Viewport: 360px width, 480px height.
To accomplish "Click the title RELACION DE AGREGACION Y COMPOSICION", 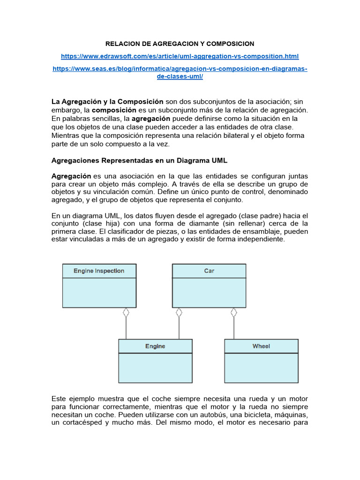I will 180,44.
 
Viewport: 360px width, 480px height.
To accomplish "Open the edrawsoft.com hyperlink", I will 180,56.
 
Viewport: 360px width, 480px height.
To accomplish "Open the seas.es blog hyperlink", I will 180,69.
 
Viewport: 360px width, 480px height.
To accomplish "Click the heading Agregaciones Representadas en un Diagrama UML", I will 139,160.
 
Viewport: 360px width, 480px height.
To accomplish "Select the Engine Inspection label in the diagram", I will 99,271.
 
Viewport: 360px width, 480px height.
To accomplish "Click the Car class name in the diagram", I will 209,271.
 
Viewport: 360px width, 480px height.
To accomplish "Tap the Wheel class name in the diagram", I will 261,346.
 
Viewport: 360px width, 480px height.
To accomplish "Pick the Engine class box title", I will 155,346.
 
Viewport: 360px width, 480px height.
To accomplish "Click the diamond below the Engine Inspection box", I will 126,312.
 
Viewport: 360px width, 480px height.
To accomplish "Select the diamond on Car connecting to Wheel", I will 234,312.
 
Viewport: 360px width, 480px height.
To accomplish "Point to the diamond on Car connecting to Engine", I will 179,312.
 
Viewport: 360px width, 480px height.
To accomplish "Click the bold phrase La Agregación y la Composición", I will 107,102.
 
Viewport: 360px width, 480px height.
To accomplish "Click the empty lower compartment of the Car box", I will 209,293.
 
